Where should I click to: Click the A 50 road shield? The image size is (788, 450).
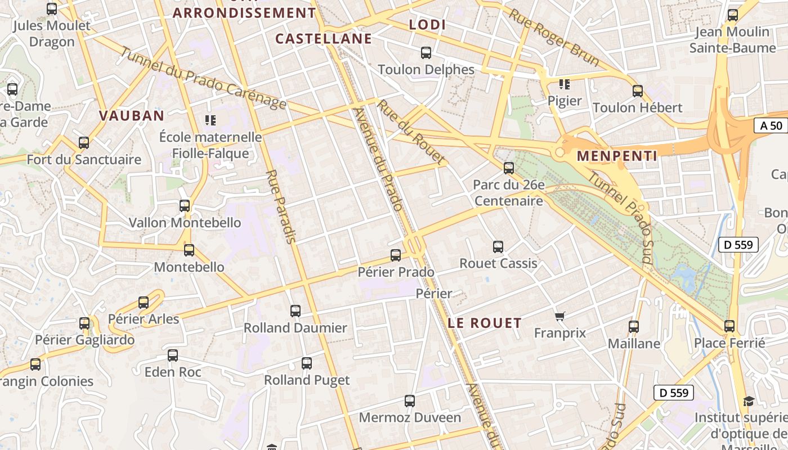coord(771,125)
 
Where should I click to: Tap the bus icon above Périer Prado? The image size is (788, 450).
coord(396,255)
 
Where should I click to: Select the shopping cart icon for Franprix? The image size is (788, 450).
coord(559,317)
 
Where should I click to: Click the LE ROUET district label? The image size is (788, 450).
coord(485,323)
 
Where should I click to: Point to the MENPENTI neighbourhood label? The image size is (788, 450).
coord(617,156)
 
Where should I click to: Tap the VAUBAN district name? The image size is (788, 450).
coord(132,116)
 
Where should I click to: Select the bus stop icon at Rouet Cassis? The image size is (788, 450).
coord(498,246)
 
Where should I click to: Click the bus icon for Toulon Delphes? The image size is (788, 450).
coord(426,53)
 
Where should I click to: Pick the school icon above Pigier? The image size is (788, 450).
coord(564,84)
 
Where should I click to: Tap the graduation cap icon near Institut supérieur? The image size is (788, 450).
coord(749,401)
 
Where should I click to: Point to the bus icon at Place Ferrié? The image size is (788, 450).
coord(729,326)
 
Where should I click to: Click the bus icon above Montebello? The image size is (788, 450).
coord(189,250)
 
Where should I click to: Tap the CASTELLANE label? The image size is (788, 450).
coord(324,39)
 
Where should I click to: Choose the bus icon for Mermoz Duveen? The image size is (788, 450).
coord(410,401)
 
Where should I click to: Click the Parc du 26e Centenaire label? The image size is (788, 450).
coord(509,193)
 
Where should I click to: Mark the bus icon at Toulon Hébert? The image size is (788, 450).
coord(638,91)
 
